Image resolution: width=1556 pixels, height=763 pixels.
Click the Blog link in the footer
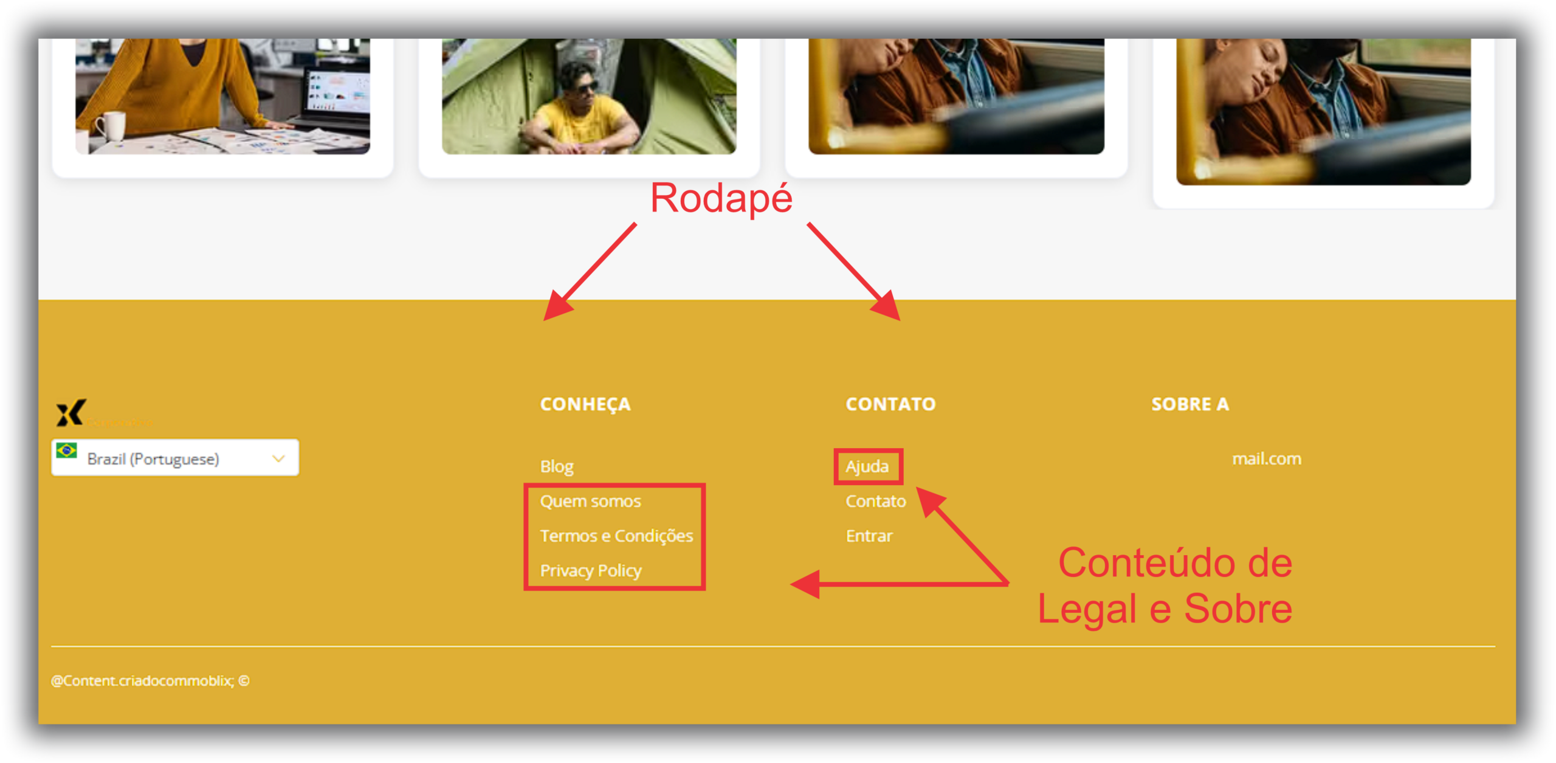click(556, 466)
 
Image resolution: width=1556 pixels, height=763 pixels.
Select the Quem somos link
click(590, 501)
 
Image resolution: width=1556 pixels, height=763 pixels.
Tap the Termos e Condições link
click(616, 536)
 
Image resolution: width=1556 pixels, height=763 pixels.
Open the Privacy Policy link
click(590, 570)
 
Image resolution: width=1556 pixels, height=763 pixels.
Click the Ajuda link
click(867, 466)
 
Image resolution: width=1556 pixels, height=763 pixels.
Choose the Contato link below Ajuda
click(875, 501)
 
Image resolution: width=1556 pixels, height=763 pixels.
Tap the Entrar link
click(869, 536)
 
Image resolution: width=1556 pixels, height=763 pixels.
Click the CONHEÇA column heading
click(585, 404)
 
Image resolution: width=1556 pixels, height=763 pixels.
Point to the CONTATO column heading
click(890, 404)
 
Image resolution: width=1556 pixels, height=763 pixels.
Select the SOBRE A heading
click(1189, 404)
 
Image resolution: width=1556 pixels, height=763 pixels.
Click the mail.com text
click(1266, 458)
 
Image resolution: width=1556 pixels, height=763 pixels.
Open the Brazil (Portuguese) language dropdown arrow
click(278, 458)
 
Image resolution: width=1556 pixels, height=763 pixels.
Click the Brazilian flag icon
click(66, 451)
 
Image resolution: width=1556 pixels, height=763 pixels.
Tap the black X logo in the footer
click(71, 413)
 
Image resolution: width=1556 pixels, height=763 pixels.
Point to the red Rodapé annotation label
click(721, 198)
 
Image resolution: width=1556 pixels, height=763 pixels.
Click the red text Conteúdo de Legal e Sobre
click(1165, 585)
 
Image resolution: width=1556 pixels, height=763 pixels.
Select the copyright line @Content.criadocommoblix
click(150, 680)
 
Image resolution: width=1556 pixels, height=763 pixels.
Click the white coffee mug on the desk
click(111, 126)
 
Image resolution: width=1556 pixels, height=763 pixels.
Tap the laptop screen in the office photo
click(338, 91)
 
